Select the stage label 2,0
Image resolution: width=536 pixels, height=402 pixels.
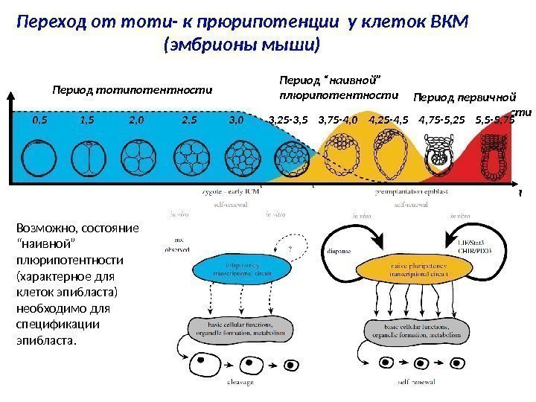[138, 119]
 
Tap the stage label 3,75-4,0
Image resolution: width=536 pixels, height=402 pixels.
[337, 119]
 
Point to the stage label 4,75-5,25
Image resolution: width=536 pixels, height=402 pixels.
[441, 119]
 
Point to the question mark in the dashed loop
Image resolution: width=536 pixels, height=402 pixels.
[289, 250]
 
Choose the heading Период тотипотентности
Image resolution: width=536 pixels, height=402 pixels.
[131, 89]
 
